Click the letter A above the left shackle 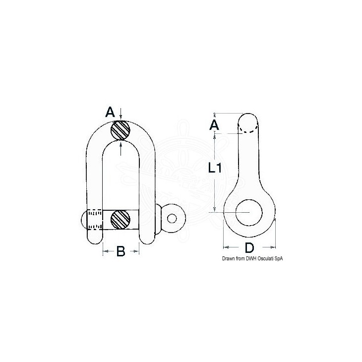[x=110, y=113]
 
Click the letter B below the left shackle [x=121, y=251]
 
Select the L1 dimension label [x=215, y=168]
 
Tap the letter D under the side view [x=249, y=248]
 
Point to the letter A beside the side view [x=214, y=125]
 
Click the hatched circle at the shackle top [x=121, y=130]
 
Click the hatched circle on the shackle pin [x=121, y=220]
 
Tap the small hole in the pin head [x=172, y=218]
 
